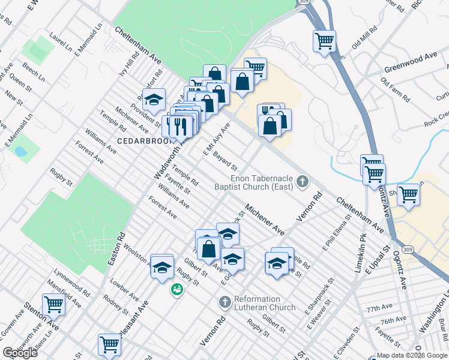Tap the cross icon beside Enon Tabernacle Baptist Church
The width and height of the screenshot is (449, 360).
pyautogui.click(x=303, y=181)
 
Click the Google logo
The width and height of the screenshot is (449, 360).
pyautogui.click(x=20, y=353)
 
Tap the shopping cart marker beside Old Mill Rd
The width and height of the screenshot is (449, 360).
pyautogui.click(x=324, y=41)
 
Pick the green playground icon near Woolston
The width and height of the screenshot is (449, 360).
pyautogui.click(x=176, y=289)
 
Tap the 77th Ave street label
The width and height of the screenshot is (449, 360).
pyautogui.click(x=379, y=308)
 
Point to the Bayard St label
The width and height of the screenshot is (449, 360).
pyautogui.click(x=226, y=160)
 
